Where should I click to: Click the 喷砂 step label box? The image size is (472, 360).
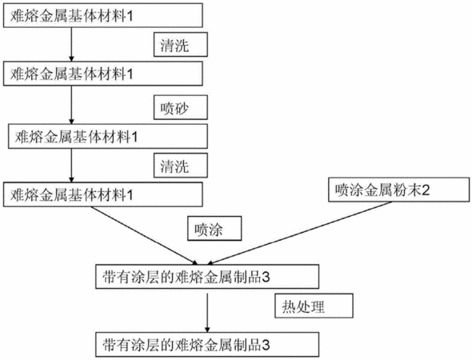click(x=181, y=107)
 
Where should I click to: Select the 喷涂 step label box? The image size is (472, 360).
click(x=214, y=229)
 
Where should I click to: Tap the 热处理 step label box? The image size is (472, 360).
click(x=314, y=306)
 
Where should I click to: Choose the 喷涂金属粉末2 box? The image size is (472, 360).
click(x=398, y=190)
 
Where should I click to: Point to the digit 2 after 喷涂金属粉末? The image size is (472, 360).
click(x=426, y=190)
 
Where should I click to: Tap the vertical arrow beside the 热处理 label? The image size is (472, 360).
click(x=207, y=313)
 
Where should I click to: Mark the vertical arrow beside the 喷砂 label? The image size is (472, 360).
click(x=71, y=105)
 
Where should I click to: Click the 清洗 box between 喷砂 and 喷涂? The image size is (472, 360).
click(x=181, y=166)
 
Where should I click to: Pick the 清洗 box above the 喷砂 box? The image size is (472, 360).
click(x=181, y=45)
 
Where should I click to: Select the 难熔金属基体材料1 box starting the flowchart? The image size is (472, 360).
click(x=103, y=15)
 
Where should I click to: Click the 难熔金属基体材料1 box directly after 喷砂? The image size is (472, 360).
click(x=108, y=136)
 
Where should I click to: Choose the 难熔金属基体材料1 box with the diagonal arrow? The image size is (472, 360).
click(x=103, y=194)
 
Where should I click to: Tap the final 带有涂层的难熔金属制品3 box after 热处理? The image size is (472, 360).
click(x=207, y=344)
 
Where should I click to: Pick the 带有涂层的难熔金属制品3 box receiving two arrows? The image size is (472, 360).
click(x=207, y=277)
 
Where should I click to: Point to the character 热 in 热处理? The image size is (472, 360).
click(x=288, y=307)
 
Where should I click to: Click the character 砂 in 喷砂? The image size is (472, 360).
click(x=182, y=108)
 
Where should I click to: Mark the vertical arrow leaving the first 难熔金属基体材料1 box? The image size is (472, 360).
click(x=71, y=44)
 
